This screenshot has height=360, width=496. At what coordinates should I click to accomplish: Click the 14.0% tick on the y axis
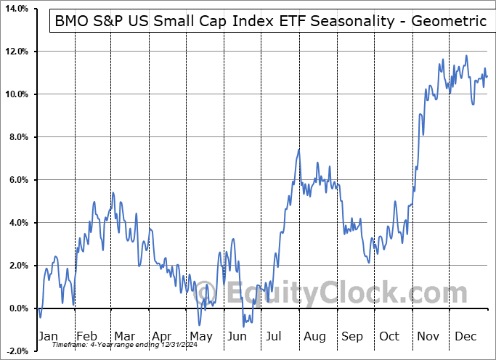coord(15,9)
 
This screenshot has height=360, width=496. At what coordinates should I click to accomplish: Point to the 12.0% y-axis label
coord(15,52)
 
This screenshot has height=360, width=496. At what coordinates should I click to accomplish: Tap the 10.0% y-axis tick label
coord(15,95)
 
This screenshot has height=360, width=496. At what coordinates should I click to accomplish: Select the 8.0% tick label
coord(17,138)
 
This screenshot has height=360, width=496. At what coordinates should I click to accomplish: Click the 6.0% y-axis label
coord(17,181)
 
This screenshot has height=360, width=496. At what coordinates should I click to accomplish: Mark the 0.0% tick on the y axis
coord(17,309)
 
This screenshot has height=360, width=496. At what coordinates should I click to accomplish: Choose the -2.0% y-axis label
coord(15,351)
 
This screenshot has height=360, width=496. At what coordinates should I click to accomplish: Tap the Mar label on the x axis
coord(125,336)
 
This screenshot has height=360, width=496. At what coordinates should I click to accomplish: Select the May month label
coord(200,336)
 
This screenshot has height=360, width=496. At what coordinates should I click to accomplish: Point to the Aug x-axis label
coord(314,336)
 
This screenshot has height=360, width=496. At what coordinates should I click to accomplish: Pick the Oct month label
coord(390,336)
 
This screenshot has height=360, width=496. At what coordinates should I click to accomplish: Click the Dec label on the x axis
coord(465,336)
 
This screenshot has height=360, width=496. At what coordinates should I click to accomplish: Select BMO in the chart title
coord(74,22)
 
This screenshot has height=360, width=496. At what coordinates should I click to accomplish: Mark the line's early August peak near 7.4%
coord(298,150)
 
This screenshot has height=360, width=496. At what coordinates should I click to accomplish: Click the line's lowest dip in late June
coord(244,326)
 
